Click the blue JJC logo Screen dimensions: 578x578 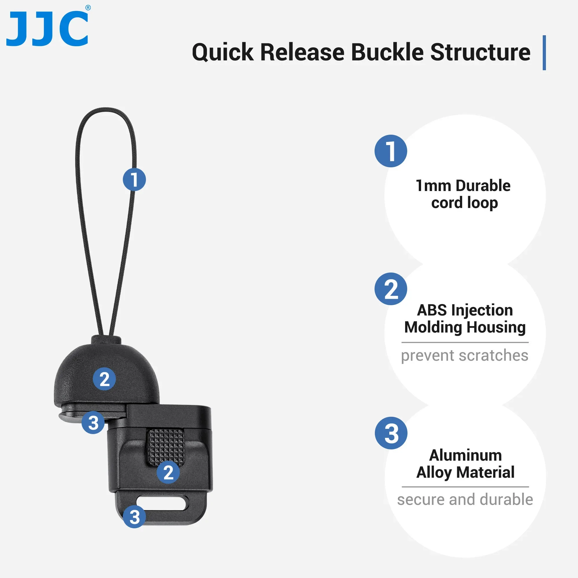[47, 28]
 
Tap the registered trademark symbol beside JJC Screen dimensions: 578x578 [88, 8]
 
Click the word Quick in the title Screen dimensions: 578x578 [223, 53]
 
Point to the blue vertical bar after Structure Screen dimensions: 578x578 [544, 53]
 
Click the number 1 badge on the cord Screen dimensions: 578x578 [134, 179]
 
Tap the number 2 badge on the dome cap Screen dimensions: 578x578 [104, 379]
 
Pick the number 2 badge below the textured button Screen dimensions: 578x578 [168, 473]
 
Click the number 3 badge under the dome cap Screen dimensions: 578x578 [93, 423]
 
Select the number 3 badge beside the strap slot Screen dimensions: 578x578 [134, 517]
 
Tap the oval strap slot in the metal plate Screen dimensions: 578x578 [162, 503]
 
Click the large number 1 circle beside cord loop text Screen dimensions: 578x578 [391, 151]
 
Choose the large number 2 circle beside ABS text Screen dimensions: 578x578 [391, 289]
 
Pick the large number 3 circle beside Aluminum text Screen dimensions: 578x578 [391, 433]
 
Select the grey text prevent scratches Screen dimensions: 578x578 [465, 355]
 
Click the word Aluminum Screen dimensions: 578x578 [466, 455]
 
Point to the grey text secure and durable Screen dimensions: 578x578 [465, 500]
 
